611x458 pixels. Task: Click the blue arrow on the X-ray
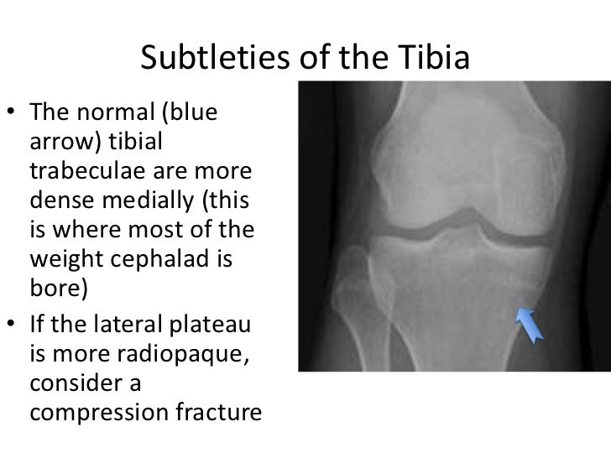530,323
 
